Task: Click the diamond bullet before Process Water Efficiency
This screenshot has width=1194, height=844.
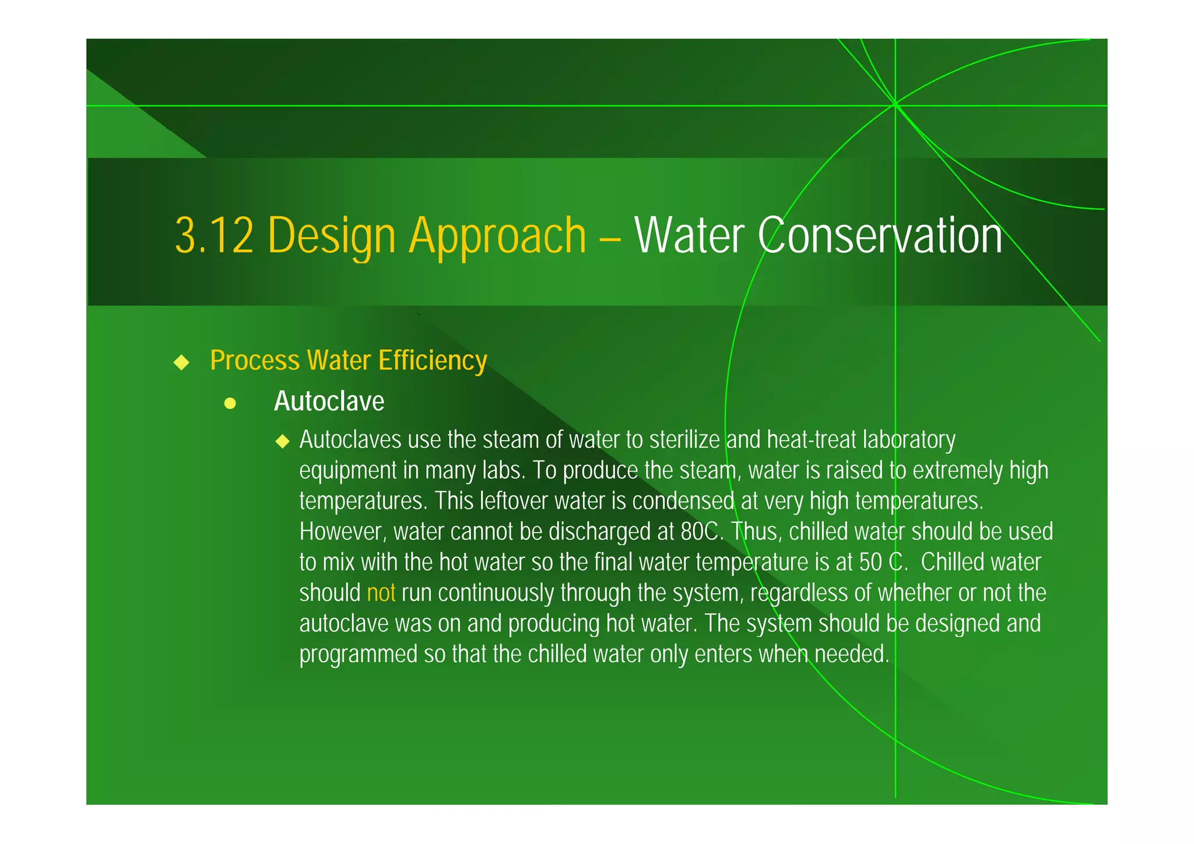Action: [x=182, y=362]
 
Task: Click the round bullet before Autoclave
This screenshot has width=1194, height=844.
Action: [x=230, y=403]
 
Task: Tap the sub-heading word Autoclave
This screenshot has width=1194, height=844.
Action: [x=329, y=401]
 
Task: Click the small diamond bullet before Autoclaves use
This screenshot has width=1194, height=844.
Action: [x=283, y=441]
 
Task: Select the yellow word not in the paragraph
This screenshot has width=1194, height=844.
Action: [x=381, y=593]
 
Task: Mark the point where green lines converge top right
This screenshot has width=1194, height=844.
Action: [x=895, y=105]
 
